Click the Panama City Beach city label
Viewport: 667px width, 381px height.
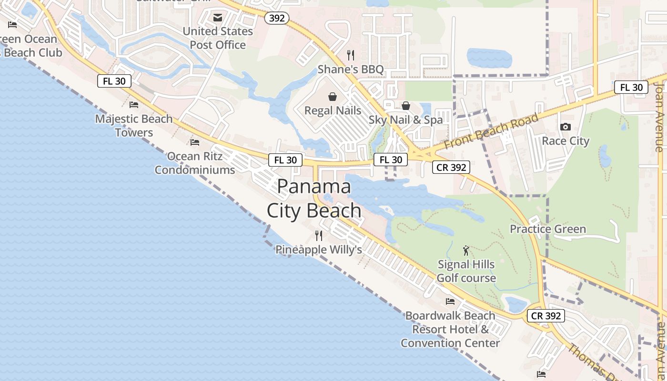click(x=314, y=198)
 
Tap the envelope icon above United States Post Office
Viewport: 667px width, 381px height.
click(x=218, y=18)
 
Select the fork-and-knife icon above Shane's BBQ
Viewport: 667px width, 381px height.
click(x=351, y=55)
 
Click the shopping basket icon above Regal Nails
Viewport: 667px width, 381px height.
click(x=333, y=97)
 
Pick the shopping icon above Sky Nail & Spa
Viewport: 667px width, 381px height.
click(x=406, y=106)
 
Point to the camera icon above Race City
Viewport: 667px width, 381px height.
click(x=566, y=127)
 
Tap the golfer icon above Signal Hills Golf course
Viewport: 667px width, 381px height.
click(x=466, y=250)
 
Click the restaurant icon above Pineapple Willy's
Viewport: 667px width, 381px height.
click(x=319, y=235)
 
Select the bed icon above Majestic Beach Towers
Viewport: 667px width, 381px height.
click(x=134, y=104)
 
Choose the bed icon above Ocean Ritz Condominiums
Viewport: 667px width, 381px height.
click(x=194, y=142)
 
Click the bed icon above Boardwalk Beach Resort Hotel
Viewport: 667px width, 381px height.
click(x=450, y=301)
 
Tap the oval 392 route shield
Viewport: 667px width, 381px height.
click(x=277, y=18)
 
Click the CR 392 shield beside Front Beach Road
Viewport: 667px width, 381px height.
click(x=451, y=167)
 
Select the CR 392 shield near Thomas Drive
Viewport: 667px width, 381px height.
click(x=546, y=315)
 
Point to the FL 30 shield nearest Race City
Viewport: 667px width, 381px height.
click(x=631, y=87)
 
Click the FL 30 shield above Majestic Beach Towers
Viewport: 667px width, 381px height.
click(x=114, y=81)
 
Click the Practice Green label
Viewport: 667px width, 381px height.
click(x=548, y=229)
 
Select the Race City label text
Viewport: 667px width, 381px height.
click(x=566, y=141)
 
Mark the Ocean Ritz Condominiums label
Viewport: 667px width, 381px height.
click(x=194, y=163)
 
